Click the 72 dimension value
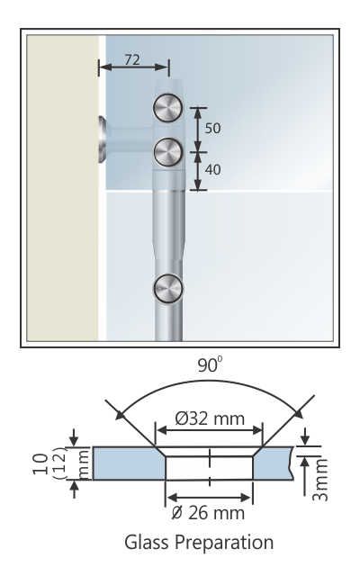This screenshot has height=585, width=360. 131,58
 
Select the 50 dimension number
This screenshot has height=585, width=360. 212,128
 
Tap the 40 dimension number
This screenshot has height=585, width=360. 212,169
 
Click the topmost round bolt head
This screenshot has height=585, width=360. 167,109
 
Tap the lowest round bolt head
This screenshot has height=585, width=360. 167,289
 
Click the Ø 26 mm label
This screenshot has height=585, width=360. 209,513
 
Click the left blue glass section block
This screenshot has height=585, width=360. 126,463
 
